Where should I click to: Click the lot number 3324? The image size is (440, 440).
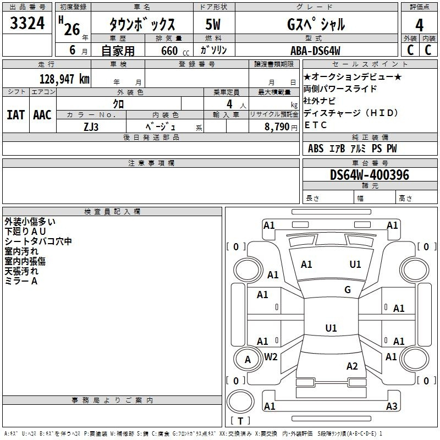pyautogui.click(x=27, y=23)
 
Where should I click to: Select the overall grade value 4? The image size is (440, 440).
pyautogui.click(x=419, y=25)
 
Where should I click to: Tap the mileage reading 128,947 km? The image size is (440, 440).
pyautogui.click(x=64, y=79)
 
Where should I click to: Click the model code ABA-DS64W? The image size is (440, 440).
pyautogui.click(x=315, y=51)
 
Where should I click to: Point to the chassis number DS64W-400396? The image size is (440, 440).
pyautogui.click(x=369, y=175)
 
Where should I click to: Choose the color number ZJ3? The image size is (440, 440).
pyautogui.click(x=91, y=127)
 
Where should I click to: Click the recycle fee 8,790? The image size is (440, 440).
pyautogui.click(x=277, y=127)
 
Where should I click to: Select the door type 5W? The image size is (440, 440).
pyautogui.click(x=213, y=24)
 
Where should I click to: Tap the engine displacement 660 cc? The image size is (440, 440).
pyautogui.click(x=175, y=51)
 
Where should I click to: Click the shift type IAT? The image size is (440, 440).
pyautogui.click(x=16, y=115)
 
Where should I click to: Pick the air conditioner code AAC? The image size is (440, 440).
pyautogui.click(x=42, y=115)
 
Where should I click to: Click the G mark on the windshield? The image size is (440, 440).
pyautogui.click(x=348, y=290)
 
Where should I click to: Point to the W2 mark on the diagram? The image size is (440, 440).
pyautogui.click(x=271, y=357)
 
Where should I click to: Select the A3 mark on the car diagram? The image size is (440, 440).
pyautogui.click(x=392, y=406)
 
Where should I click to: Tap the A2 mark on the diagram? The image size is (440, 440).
pyautogui.click(x=352, y=366)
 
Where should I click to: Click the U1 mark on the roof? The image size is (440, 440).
pyautogui.click(x=331, y=328)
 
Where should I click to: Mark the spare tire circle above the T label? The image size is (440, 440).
pyautogui.click(x=240, y=402)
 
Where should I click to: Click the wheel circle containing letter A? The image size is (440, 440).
pyautogui.click(x=248, y=359)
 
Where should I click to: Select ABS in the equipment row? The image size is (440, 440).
pyautogui.click(x=316, y=148)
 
